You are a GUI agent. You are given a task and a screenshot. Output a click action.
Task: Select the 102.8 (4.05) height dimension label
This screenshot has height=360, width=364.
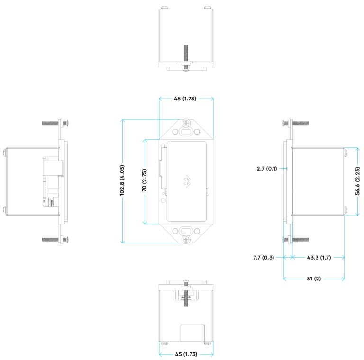(122, 180)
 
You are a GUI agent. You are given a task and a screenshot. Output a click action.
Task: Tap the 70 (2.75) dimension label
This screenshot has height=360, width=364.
(145, 180)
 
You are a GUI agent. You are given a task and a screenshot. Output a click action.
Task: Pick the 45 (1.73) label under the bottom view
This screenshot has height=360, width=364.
(186, 354)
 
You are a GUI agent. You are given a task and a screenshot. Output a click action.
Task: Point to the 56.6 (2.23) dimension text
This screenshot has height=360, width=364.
(358, 180)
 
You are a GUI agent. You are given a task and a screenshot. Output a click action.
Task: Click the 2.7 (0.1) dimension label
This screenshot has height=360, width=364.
(267, 168)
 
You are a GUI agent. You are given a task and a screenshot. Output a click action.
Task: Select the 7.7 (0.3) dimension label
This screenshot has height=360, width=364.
(264, 258)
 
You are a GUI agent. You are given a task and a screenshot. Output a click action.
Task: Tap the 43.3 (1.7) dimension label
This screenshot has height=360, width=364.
(318, 258)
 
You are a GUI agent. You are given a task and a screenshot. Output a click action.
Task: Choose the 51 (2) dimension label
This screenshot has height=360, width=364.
(314, 279)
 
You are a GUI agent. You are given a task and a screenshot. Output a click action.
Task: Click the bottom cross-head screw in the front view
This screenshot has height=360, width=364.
(186, 240)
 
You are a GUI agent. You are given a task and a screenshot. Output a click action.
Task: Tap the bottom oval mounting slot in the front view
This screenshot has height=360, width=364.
(186, 231)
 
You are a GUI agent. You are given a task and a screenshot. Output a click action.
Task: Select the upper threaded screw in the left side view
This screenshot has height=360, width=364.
(50, 123)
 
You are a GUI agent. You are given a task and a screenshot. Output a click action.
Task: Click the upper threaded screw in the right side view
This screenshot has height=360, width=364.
(300, 123)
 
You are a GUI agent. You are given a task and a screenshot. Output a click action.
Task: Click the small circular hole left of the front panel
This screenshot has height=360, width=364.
(164, 201)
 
